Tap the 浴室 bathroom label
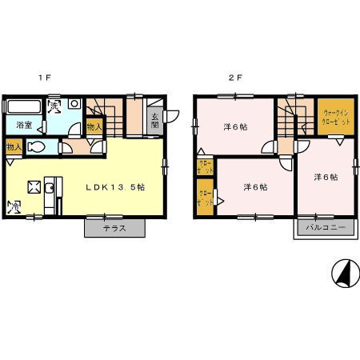pyautogui.click(x=22, y=125)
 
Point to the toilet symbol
pyautogui.click(x=38, y=147)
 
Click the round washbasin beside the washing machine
pyautogui.click(x=72, y=104)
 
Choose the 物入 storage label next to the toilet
pyautogui.click(x=14, y=147)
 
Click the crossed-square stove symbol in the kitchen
pyautogui.click(x=34, y=187)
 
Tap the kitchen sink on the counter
pyautogui.click(x=50, y=189)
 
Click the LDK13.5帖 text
pyautogui.click(x=115, y=186)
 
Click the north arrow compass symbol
pyautogui.click(x=345, y=274)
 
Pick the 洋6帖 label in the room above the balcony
pyautogui.click(x=325, y=177)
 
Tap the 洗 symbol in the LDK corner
pyautogui.click(x=14, y=207)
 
